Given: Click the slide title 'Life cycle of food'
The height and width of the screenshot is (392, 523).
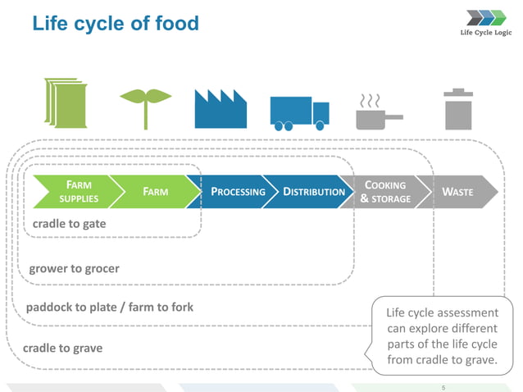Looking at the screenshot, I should pos(116,23).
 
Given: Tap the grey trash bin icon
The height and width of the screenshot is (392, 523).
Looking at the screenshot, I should pos(458,108).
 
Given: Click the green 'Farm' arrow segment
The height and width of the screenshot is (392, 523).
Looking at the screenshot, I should pos(156,192).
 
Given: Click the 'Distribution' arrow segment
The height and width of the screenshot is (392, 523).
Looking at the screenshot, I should pos(312,192).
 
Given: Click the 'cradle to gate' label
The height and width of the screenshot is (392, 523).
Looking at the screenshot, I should pos(69,223).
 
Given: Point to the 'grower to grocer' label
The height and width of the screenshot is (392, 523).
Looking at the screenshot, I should pos(75,268).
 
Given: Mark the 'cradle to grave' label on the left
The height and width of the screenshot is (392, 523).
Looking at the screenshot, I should pos(63,348).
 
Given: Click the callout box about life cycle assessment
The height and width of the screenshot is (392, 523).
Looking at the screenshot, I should pos(441,336).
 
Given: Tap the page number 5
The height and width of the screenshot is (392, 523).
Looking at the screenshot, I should pos(443,386).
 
